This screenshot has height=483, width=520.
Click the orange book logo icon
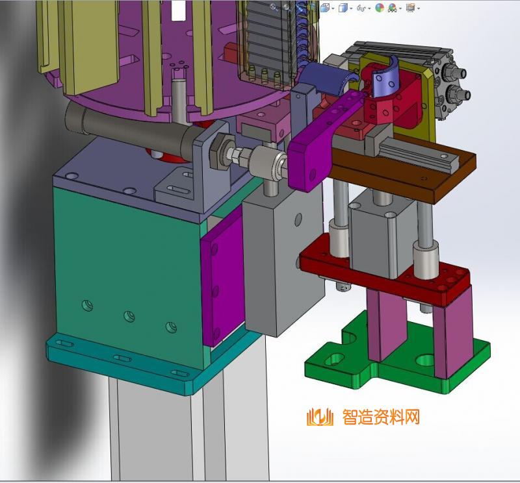(x=320, y=417)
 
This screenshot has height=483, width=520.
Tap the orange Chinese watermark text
(x=381, y=417)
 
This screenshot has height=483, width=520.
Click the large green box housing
(x=129, y=271)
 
